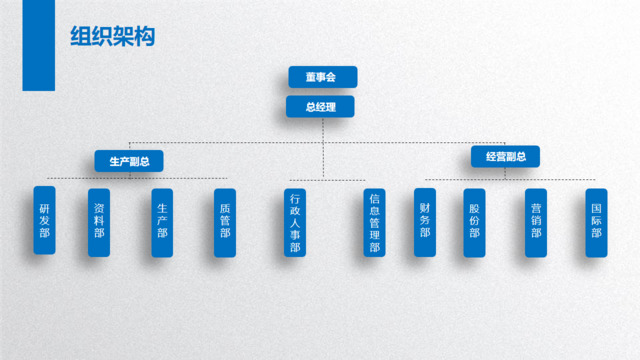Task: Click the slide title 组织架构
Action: coord(112,37)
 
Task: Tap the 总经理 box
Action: coord(322,106)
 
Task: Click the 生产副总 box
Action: coord(129,159)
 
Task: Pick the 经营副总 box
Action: coord(506,156)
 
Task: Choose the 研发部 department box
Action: coord(44,220)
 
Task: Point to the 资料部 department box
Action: coord(99,222)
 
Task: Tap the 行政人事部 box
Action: coord(294,222)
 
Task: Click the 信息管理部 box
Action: coord(374,222)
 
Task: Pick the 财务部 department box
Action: coord(425,221)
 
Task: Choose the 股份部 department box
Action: coord(475,221)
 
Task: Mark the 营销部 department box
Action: coord(536,221)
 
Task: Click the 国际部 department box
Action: coord(596,221)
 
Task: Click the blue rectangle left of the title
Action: coord(38,45)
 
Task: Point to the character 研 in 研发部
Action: coord(44,207)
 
